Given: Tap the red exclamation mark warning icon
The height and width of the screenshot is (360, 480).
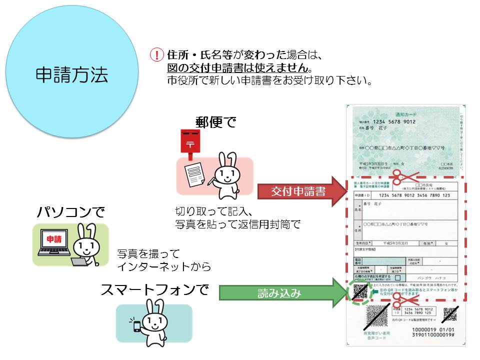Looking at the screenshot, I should click(157, 55).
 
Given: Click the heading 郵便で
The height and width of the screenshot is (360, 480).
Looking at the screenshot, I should click(215, 121).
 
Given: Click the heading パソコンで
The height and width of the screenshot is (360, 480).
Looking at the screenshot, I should click(71, 212).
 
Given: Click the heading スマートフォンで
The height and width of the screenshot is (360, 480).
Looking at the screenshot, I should click(154, 290).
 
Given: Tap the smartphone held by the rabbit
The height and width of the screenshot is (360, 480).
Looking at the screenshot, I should click(136, 326).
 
